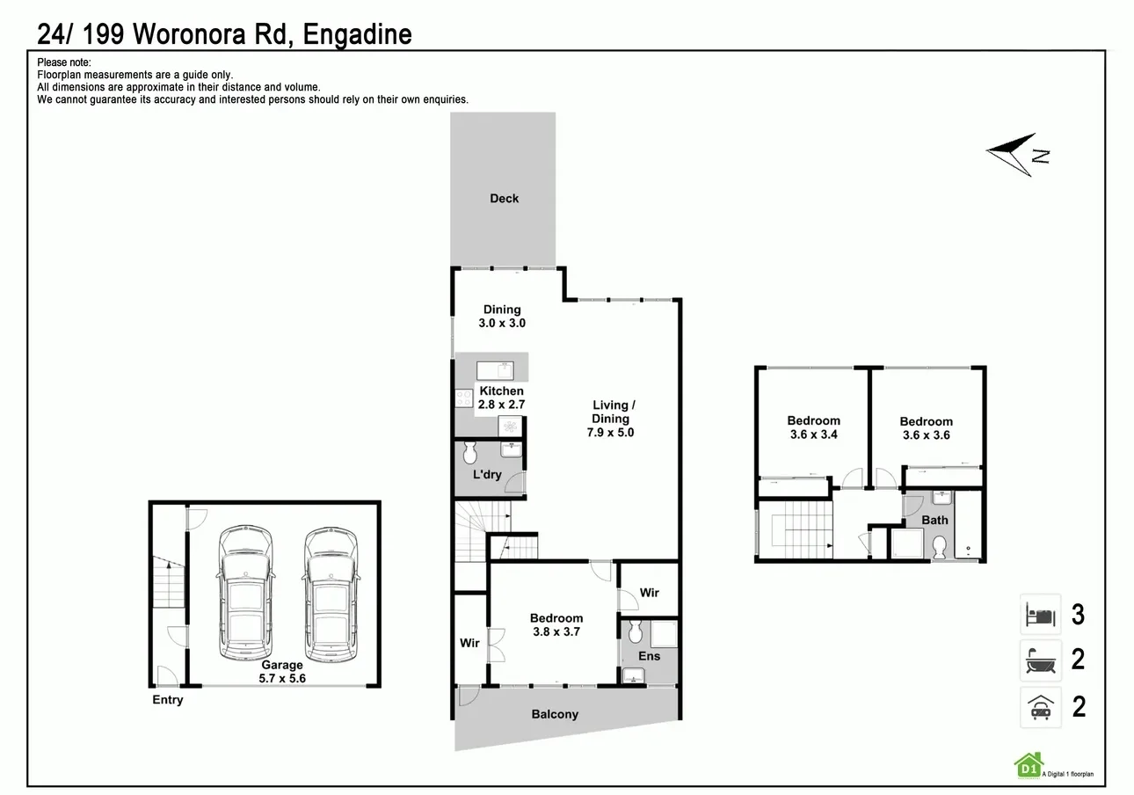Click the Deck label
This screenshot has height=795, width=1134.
504,199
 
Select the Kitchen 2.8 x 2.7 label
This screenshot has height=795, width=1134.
501,397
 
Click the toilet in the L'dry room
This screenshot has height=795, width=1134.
469,453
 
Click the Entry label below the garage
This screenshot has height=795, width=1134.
167,700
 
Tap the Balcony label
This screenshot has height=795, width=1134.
555,714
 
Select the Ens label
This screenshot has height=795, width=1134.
649,656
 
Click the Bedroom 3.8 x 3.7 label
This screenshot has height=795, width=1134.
556,624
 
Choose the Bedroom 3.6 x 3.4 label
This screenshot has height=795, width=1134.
813,427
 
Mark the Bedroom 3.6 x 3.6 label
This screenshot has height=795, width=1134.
926,428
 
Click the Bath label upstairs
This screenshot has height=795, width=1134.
934,520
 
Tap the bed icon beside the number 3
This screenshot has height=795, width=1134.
1040,614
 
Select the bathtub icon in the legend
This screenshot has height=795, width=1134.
1040,660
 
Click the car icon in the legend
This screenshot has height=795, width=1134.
1040,706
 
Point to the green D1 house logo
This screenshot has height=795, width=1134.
1027,766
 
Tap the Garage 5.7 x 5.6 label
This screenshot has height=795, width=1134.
281,672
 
